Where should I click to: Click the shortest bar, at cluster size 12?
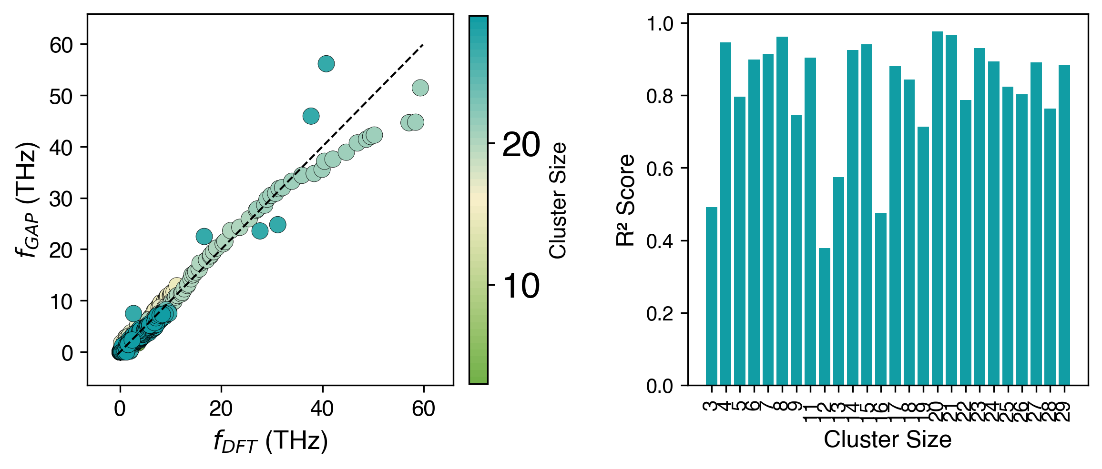[x=824, y=317]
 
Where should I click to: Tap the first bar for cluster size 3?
[x=711, y=296]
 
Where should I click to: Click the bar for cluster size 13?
[x=838, y=281]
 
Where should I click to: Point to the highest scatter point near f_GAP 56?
[x=326, y=64]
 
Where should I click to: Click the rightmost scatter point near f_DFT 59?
[x=420, y=88]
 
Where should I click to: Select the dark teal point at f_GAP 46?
[x=311, y=116]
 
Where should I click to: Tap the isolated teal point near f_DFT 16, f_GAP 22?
[x=204, y=236]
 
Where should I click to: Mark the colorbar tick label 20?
[x=521, y=144]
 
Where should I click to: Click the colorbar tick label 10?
[x=521, y=286]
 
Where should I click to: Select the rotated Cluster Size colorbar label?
[x=558, y=200]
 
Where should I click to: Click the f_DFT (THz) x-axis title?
[x=270, y=442]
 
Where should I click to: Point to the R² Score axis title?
[x=626, y=200]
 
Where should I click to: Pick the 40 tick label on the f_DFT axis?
[x=322, y=409]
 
